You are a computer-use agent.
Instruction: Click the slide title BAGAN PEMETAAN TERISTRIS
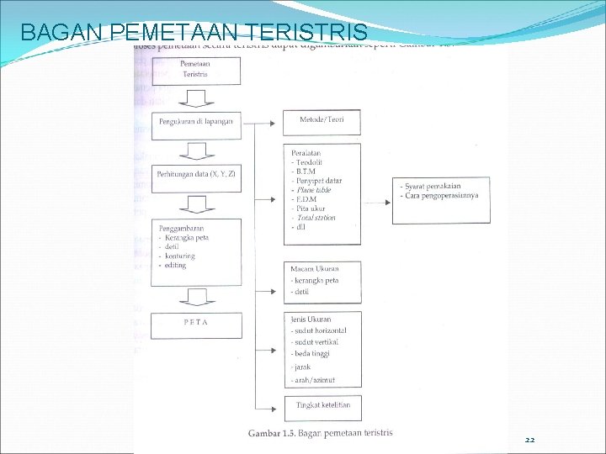tap(194, 33)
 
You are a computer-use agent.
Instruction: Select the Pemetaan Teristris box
tap(196, 69)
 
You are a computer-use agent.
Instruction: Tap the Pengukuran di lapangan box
tap(196, 123)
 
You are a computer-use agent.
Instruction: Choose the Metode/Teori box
tap(322, 121)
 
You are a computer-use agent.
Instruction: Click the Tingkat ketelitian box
tap(322, 406)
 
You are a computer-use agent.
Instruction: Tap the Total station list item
tap(316, 218)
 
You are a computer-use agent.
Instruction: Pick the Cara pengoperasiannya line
tap(442, 195)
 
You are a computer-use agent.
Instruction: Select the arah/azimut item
tap(313, 380)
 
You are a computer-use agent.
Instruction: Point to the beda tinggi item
tap(312, 354)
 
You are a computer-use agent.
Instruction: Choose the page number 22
tap(529, 440)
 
